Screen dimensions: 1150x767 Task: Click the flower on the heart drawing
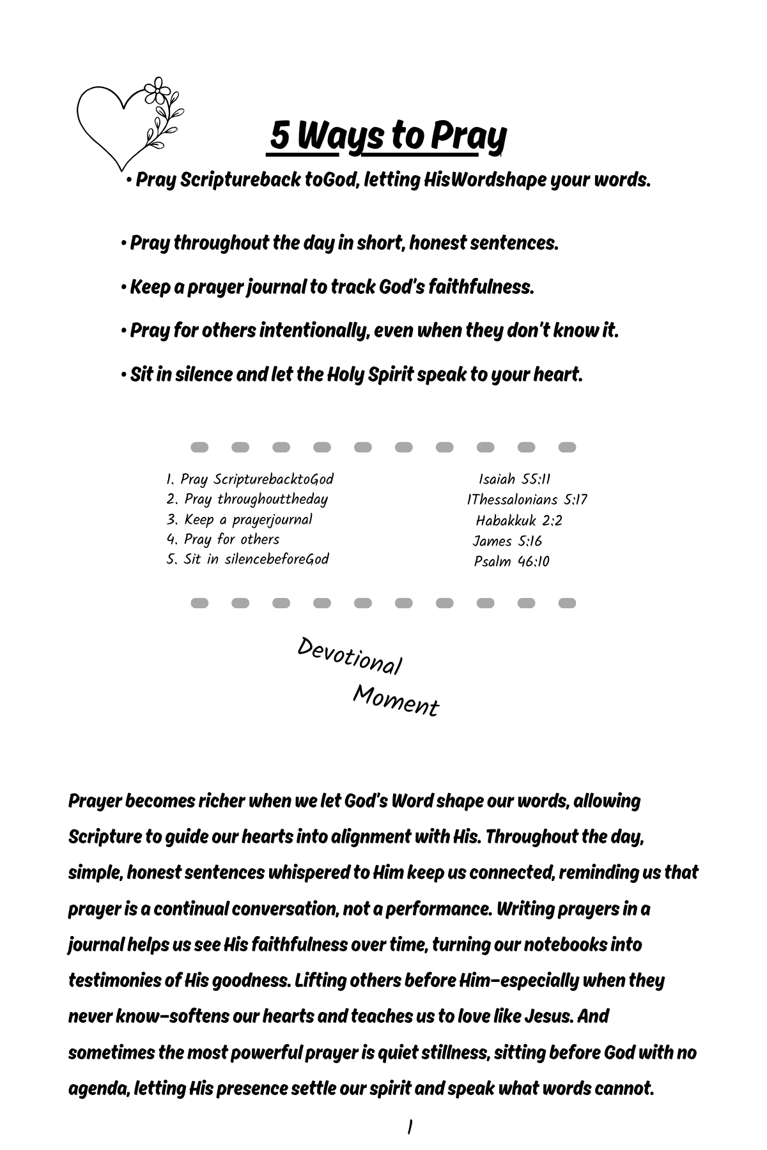pyautogui.click(x=157, y=91)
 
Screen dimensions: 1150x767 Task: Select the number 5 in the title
pyautogui.click(x=279, y=135)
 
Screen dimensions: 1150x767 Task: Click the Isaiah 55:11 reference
pyautogui.click(x=515, y=479)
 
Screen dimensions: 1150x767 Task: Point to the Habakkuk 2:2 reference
pyautogui.click(x=519, y=520)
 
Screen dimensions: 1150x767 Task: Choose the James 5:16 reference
pyautogui.click(x=507, y=541)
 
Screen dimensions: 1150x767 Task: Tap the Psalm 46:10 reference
pyautogui.click(x=511, y=562)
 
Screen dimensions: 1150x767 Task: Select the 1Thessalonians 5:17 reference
pyautogui.click(x=527, y=500)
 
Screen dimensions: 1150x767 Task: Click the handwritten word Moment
pyautogui.click(x=396, y=701)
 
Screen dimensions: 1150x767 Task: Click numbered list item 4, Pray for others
pyautogui.click(x=223, y=539)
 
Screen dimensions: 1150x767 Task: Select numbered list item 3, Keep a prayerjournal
pyautogui.click(x=240, y=519)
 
